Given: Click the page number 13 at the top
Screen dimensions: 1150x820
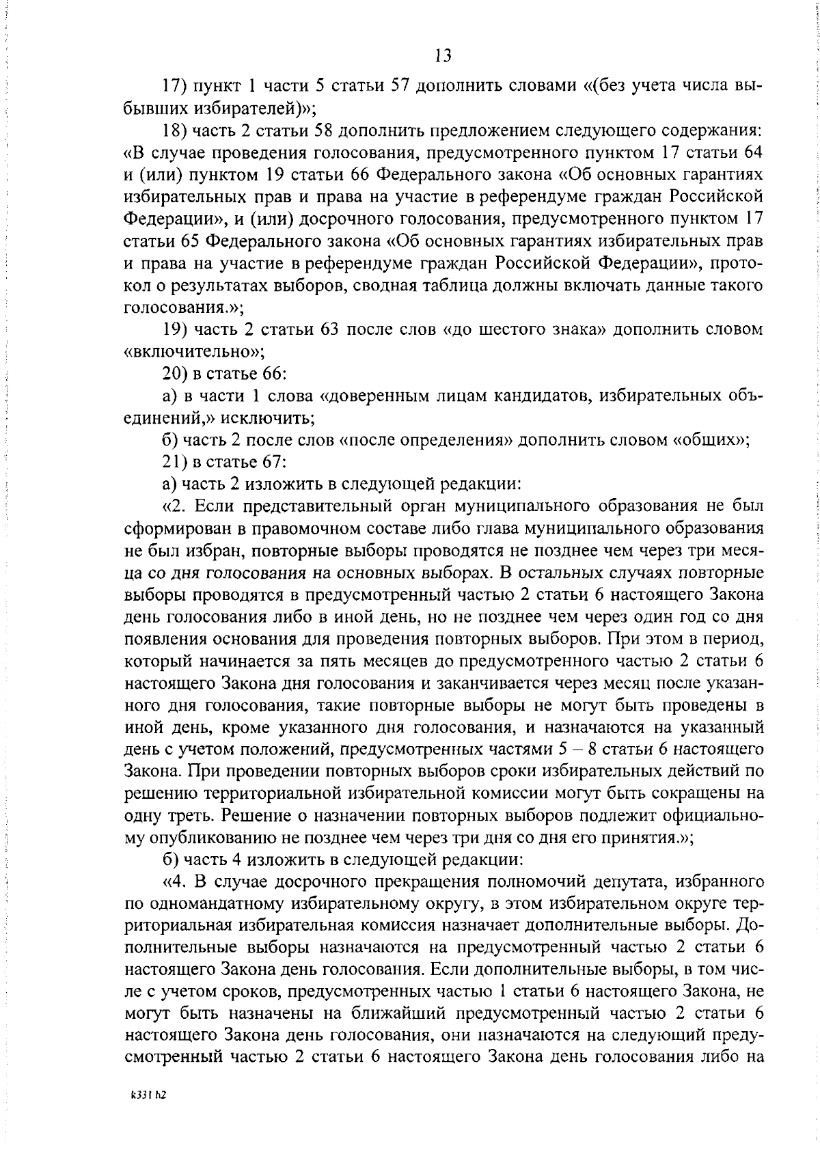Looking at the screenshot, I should click(442, 55).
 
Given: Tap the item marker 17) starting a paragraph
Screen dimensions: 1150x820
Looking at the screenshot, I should click(174, 86).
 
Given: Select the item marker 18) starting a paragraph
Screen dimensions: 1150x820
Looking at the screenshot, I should click(174, 131).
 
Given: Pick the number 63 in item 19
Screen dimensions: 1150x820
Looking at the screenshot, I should click(331, 329).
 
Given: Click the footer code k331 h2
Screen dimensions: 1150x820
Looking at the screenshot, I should click(149, 1113).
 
